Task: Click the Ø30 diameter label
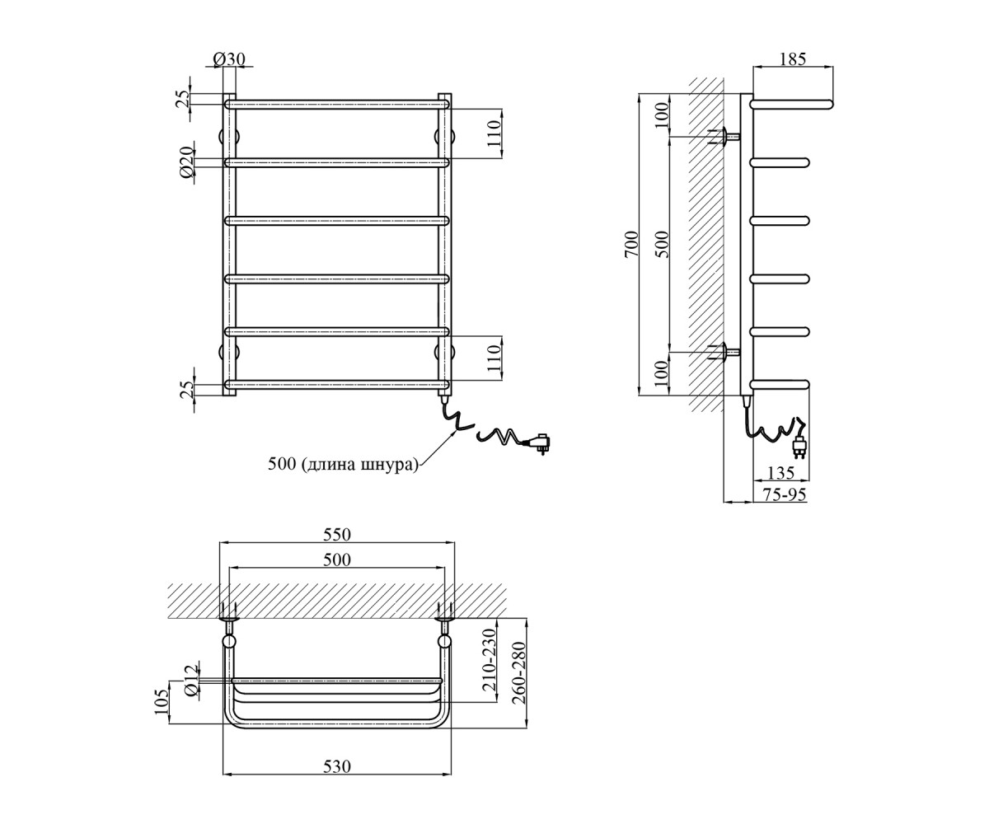[229, 59]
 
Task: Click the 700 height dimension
[631, 245]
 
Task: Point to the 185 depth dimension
[792, 59]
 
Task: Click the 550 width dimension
[337, 535]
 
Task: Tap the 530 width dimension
[337, 766]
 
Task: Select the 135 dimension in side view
[780, 473]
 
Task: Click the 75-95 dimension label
[784, 494]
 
